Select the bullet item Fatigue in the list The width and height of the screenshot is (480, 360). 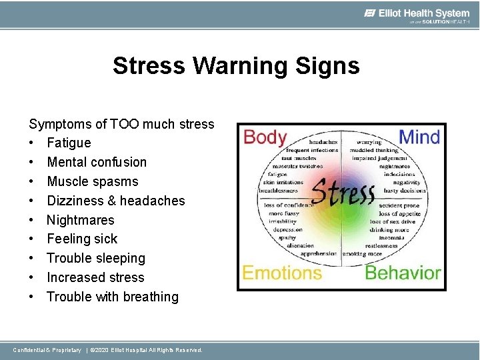(69, 143)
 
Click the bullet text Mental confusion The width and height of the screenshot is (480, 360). (97, 162)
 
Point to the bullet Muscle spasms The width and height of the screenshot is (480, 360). (93, 181)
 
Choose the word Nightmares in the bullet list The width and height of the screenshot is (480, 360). (81, 220)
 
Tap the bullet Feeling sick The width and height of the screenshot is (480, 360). (82, 239)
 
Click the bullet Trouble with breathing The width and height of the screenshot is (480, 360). (113, 297)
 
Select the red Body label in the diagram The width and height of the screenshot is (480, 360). (265, 138)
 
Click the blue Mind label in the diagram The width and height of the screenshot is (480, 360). (419, 138)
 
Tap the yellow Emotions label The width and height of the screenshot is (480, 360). (281, 273)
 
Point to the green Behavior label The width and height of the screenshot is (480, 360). (403, 273)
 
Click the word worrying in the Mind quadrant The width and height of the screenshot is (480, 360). (369, 142)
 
